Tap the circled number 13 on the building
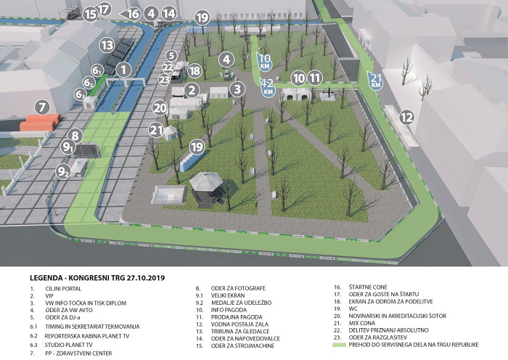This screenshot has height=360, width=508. click(x=107, y=45)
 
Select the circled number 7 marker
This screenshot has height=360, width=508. click(x=42, y=107)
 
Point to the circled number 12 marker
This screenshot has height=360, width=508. click(x=406, y=117)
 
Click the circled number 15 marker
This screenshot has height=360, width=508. click(x=90, y=14)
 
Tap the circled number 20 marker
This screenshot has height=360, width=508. click(x=160, y=108)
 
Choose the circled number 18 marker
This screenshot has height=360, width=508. click(x=194, y=70)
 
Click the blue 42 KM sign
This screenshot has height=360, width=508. click(x=268, y=87)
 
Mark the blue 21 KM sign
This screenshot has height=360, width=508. click(x=375, y=81)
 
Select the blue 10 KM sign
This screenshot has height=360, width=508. click(x=266, y=61)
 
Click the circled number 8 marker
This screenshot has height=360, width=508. click(x=74, y=135)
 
